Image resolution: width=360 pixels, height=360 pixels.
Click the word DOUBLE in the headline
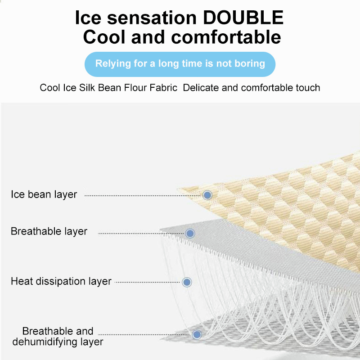(x=243, y=18)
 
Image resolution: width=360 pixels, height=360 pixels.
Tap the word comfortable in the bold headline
(x=226, y=37)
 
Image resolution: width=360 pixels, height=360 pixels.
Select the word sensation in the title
(x=152, y=18)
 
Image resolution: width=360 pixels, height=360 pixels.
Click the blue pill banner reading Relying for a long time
(x=180, y=64)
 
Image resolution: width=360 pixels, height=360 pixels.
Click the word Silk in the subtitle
(x=87, y=87)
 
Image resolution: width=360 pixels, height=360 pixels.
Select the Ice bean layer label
(x=44, y=194)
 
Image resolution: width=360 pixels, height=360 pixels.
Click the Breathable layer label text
(x=49, y=231)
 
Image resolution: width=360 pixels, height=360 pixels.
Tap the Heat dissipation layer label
(x=61, y=281)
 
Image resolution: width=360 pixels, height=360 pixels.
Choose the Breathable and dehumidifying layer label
(x=58, y=336)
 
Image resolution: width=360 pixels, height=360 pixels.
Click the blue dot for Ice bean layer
(x=207, y=195)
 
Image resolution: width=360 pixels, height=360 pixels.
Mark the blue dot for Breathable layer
(x=190, y=234)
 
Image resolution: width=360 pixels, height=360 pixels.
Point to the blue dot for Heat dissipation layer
(x=187, y=282)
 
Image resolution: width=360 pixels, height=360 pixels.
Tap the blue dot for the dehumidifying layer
(x=197, y=334)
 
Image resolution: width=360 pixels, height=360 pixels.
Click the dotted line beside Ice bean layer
(x=143, y=196)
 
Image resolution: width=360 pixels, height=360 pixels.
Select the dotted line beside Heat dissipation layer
(x=147, y=282)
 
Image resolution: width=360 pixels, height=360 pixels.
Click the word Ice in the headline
(x=88, y=18)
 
